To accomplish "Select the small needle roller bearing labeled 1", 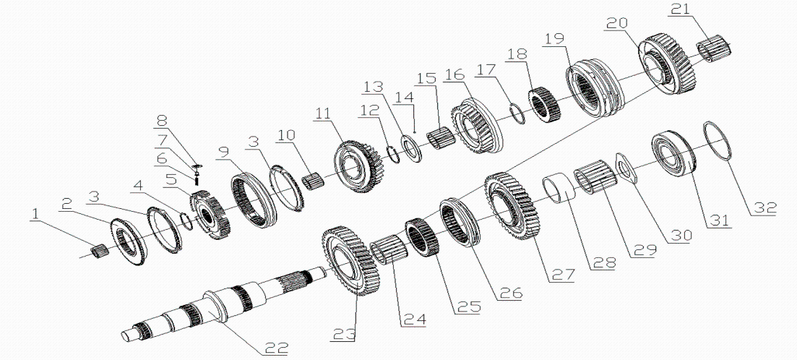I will tap(98, 251).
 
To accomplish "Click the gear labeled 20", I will tap(667, 64).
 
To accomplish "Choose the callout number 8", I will tap(161, 120).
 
